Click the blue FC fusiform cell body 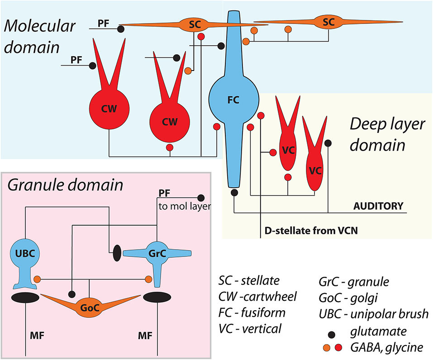(x=233, y=100)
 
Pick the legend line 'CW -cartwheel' (x=257, y=297)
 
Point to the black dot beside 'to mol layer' (x=201, y=197)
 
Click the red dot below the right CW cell (x=170, y=147)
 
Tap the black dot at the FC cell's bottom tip (x=234, y=193)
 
